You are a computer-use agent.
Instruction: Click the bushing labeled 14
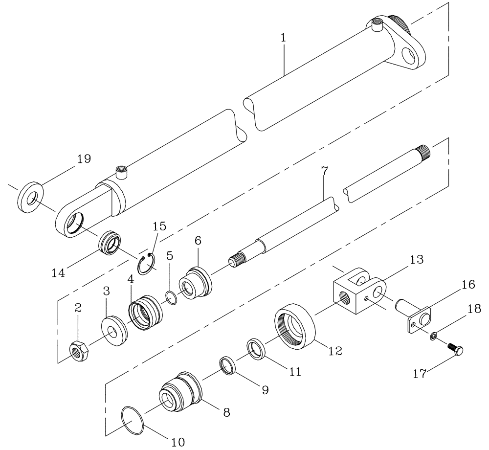[x=110, y=243]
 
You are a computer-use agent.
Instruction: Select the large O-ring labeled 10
[x=133, y=418]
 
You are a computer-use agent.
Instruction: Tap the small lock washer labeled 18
[x=433, y=336]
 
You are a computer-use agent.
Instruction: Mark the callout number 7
[x=325, y=172]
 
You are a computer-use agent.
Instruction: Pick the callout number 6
[x=198, y=241]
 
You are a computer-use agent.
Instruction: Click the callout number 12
[x=335, y=351]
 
